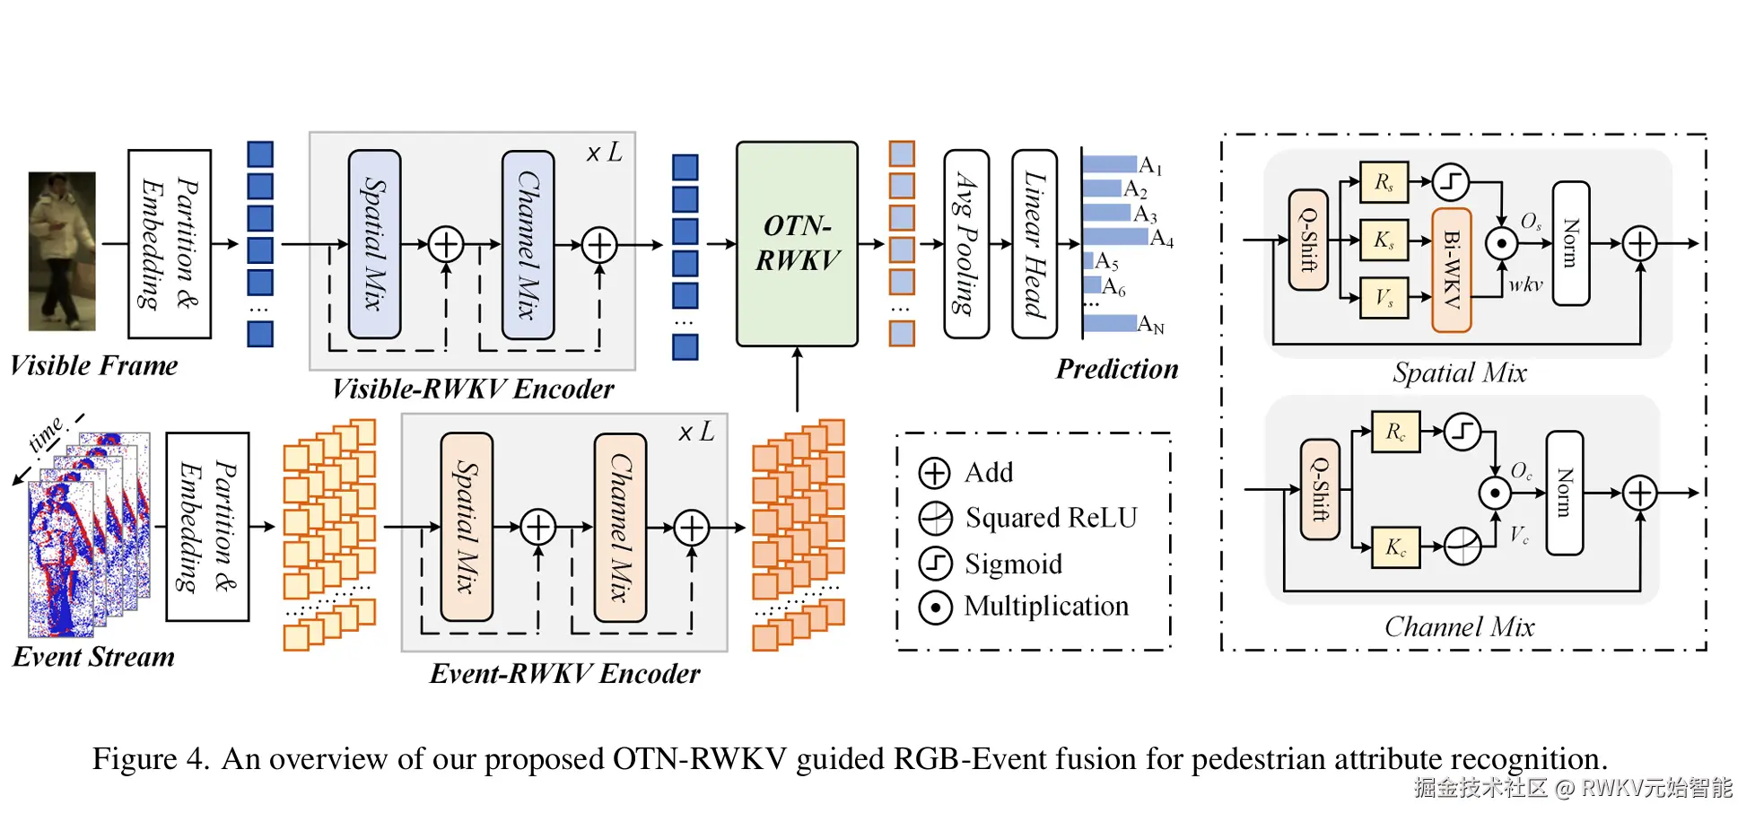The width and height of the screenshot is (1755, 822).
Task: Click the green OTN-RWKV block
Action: [797, 243]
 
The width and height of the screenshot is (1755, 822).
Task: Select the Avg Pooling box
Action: [966, 243]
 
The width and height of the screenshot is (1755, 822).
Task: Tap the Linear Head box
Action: [1034, 243]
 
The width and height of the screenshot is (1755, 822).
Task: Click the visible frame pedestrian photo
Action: [62, 250]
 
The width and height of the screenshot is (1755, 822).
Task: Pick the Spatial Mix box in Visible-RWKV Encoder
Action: [374, 243]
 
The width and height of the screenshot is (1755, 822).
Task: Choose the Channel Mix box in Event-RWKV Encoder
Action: [620, 527]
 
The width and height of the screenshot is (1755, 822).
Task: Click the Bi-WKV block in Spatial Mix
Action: [1451, 269]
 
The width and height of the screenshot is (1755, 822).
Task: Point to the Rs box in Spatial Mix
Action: [1384, 183]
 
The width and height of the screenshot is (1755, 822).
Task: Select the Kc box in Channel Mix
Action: [1395, 547]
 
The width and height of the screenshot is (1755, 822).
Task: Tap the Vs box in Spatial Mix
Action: [1384, 298]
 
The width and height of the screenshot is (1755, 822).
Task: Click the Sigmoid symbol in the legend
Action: [935, 564]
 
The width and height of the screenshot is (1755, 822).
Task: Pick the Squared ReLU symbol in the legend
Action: [935, 518]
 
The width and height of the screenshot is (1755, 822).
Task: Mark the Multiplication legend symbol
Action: [935, 608]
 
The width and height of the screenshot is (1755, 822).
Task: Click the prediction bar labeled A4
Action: [1115, 237]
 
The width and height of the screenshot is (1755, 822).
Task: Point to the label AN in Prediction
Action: [1151, 325]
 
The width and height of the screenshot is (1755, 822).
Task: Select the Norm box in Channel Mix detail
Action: [1564, 493]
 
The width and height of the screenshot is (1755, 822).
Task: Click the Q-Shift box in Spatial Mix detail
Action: [1308, 240]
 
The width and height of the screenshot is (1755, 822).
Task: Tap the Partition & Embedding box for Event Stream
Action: [207, 527]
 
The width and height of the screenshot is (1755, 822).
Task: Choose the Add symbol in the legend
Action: [935, 472]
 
